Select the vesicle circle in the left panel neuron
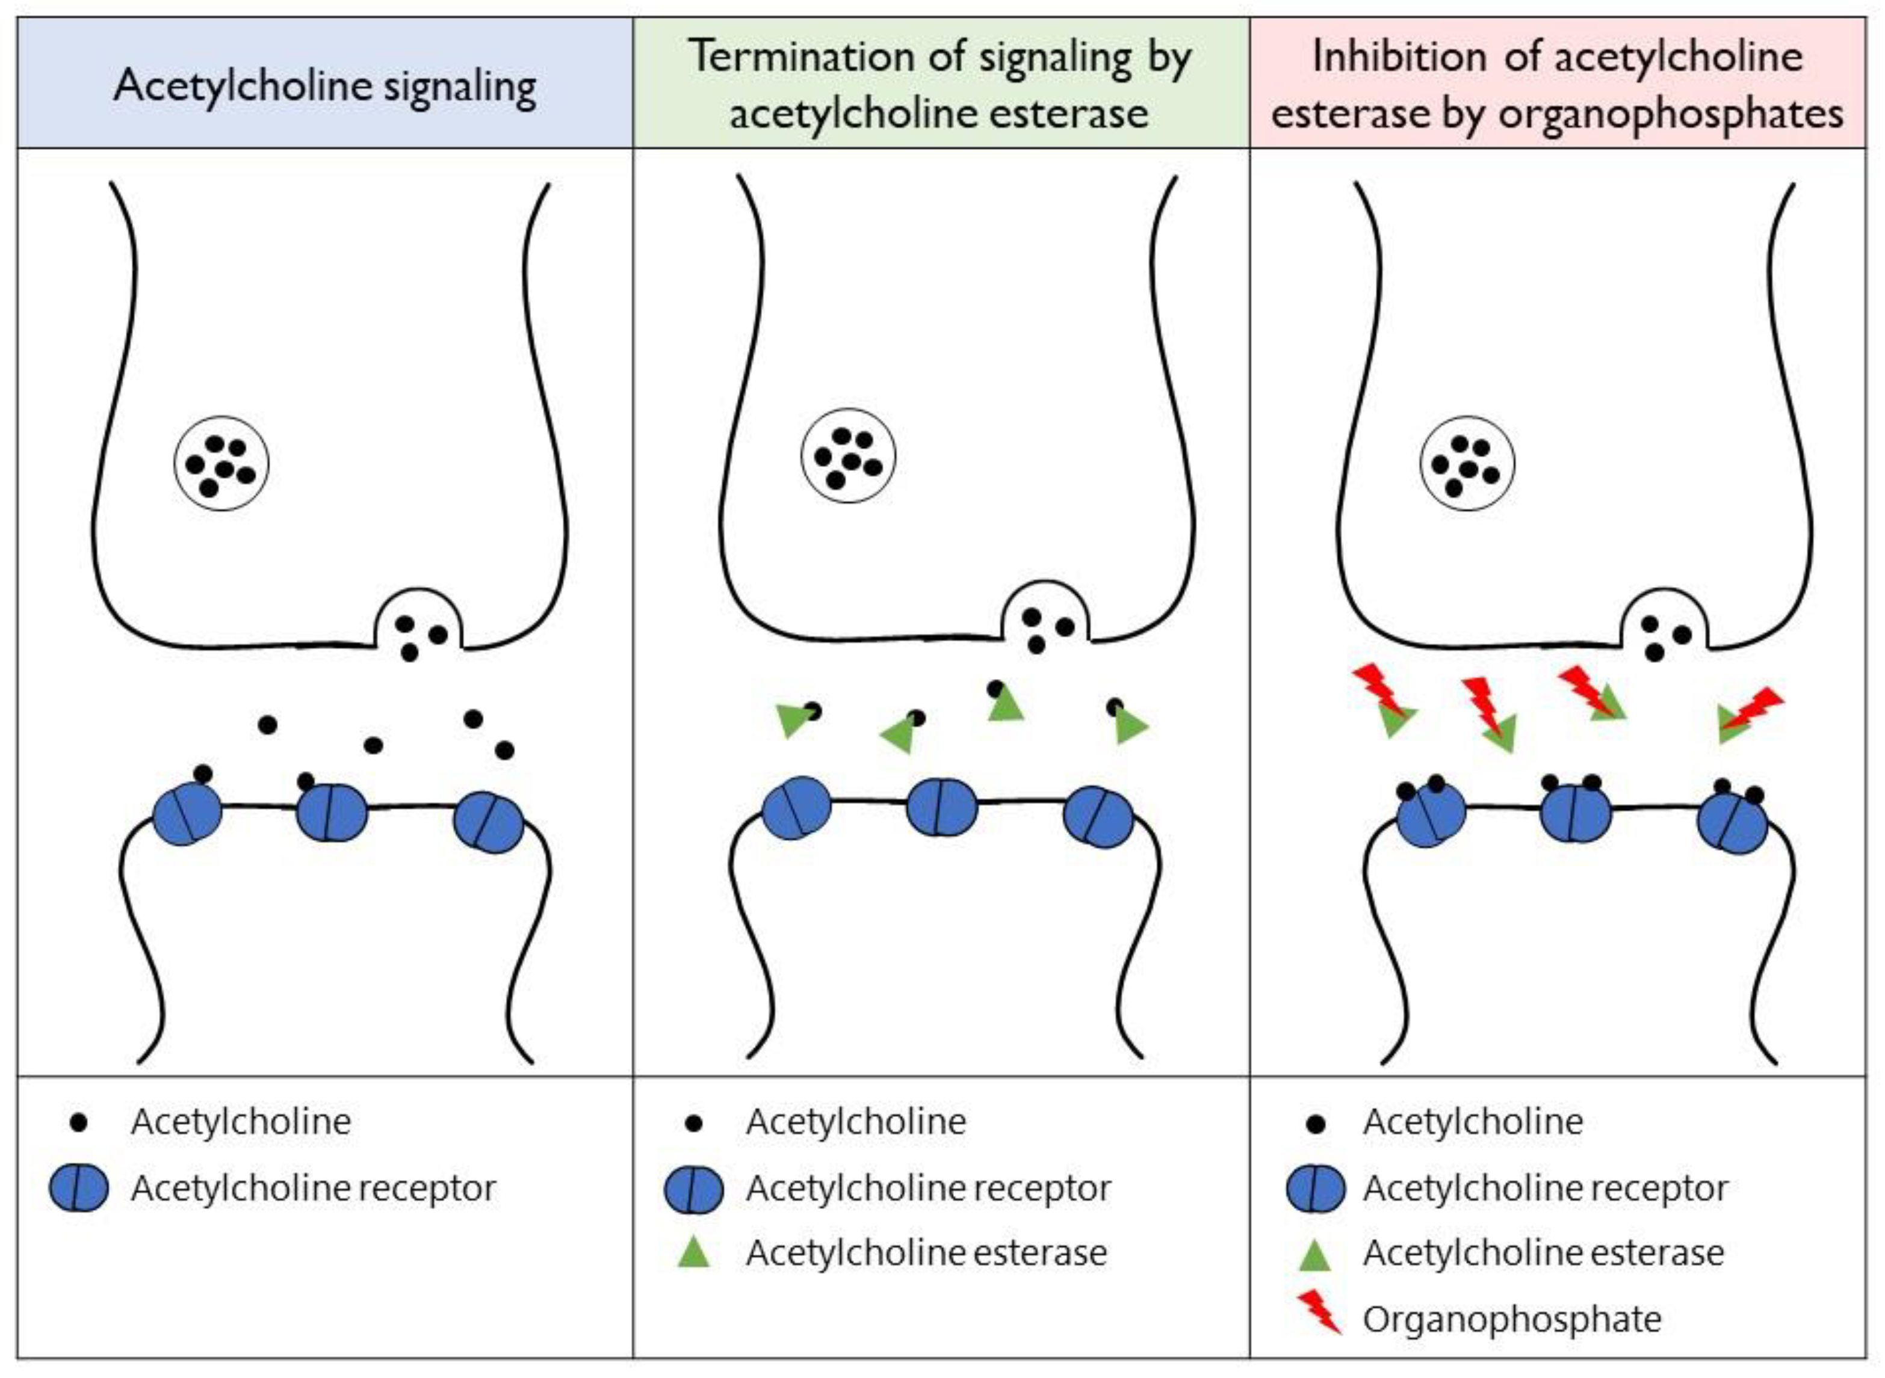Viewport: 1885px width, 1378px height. [221, 464]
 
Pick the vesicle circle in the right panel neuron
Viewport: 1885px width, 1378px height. [1466, 464]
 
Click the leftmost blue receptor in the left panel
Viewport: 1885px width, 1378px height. [188, 813]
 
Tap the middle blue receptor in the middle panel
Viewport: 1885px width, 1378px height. [941, 807]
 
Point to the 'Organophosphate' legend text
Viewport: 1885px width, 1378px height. [1511, 1320]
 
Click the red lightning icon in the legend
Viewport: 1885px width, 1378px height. [1319, 1312]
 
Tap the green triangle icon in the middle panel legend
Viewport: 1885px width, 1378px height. [693, 1253]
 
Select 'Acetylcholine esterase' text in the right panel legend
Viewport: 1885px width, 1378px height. [1543, 1253]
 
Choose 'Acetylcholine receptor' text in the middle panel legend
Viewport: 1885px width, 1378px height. [928, 1188]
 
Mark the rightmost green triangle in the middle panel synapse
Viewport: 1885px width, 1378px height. [1130, 726]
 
